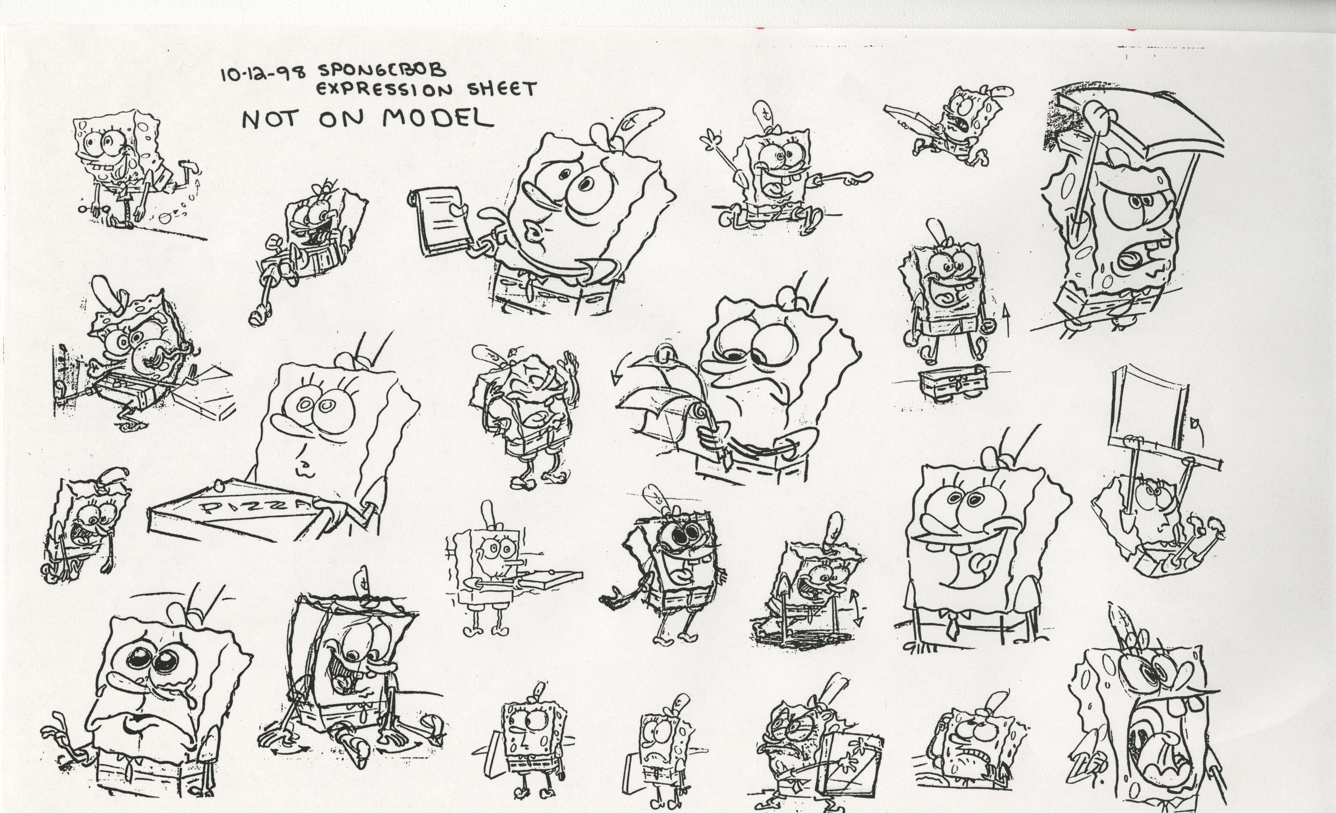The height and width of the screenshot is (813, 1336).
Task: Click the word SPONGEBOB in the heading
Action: pos(382,70)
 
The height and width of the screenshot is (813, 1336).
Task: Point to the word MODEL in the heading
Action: pos(438,118)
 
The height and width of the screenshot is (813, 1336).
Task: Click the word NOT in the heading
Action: pos(270,120)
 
